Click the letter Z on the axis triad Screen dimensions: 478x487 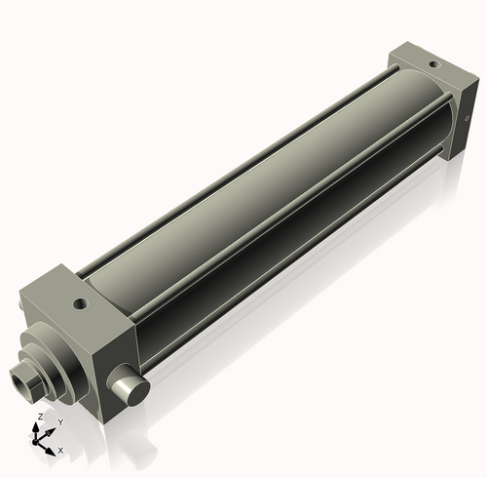[x=39, y=417]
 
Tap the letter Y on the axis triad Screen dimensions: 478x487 [x=60, y=421]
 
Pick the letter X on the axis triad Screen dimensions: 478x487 [x=60, y=451]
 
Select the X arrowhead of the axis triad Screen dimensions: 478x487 [x=52, y=448]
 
